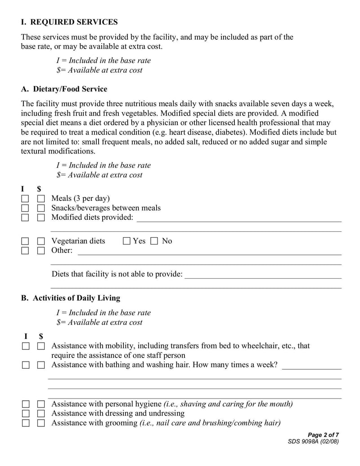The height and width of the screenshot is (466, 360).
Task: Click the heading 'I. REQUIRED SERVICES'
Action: [69, 22]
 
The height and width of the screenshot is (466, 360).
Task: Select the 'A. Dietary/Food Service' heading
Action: [64, 89]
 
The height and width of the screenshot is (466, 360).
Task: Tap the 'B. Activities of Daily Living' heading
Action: [71, 298]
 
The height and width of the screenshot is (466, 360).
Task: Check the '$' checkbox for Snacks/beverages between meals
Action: [41, 208]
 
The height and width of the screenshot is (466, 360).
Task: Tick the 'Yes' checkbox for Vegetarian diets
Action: [126, 241]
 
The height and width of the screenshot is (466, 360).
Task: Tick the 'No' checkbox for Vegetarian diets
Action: [154, 241]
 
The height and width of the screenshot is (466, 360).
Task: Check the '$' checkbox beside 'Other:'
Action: [41, 251]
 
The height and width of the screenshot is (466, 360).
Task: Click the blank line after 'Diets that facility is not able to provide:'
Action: [263, 275]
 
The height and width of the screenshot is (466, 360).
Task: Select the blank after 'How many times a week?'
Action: [311, 366]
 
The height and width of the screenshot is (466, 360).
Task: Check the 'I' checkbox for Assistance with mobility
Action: [26, 346]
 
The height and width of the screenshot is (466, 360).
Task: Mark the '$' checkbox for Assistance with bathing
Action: [41, 365]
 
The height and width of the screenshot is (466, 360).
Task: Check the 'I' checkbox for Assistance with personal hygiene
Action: [26, 404]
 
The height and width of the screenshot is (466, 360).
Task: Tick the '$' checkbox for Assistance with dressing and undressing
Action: [41, 414]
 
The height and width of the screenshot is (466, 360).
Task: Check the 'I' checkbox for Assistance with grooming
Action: [26, 423]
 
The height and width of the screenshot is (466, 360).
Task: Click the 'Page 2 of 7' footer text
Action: [323, 435]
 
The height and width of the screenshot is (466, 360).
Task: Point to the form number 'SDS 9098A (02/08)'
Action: [313, 442]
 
